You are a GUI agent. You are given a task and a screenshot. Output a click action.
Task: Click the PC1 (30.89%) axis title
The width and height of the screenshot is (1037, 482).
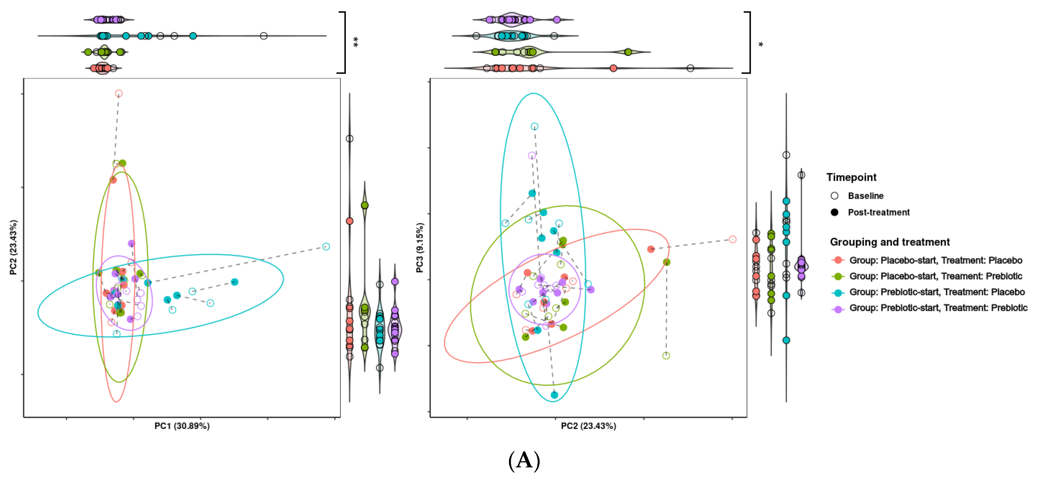coord(182,426)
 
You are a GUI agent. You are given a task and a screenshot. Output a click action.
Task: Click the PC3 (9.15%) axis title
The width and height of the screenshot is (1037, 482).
coord(420,248)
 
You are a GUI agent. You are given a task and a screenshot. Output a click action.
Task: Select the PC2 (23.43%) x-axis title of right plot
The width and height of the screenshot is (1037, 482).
coord(588,426)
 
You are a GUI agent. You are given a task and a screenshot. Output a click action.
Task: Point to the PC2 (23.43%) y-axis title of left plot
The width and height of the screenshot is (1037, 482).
coord(13,248)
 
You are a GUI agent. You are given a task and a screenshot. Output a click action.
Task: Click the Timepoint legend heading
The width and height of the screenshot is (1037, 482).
coord(851,177)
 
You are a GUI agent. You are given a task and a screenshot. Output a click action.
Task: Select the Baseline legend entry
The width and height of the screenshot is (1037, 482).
coord(866,196)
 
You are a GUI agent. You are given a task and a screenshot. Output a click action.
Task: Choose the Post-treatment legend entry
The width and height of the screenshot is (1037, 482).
coord(878,212)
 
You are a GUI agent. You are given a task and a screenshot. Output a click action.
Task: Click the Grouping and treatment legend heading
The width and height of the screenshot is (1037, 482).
coord(890,242)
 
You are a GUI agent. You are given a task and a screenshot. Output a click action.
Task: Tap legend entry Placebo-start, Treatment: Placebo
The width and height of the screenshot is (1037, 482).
coord(935,260)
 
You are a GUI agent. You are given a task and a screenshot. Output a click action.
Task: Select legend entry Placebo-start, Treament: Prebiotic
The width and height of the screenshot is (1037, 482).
coord(935,276)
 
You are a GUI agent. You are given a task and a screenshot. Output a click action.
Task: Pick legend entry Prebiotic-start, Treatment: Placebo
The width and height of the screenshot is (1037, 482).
coord(937,292)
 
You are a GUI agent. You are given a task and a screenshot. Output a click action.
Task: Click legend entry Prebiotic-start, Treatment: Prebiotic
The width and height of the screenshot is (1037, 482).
coord(938,308)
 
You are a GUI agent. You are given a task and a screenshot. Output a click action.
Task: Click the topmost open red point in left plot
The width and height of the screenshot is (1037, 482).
coord(118,93)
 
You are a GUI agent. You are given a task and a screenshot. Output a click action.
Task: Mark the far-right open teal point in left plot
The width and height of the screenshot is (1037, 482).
coord(326,247)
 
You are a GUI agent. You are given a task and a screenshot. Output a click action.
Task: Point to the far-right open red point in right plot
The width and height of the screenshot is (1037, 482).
coord(733,239)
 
